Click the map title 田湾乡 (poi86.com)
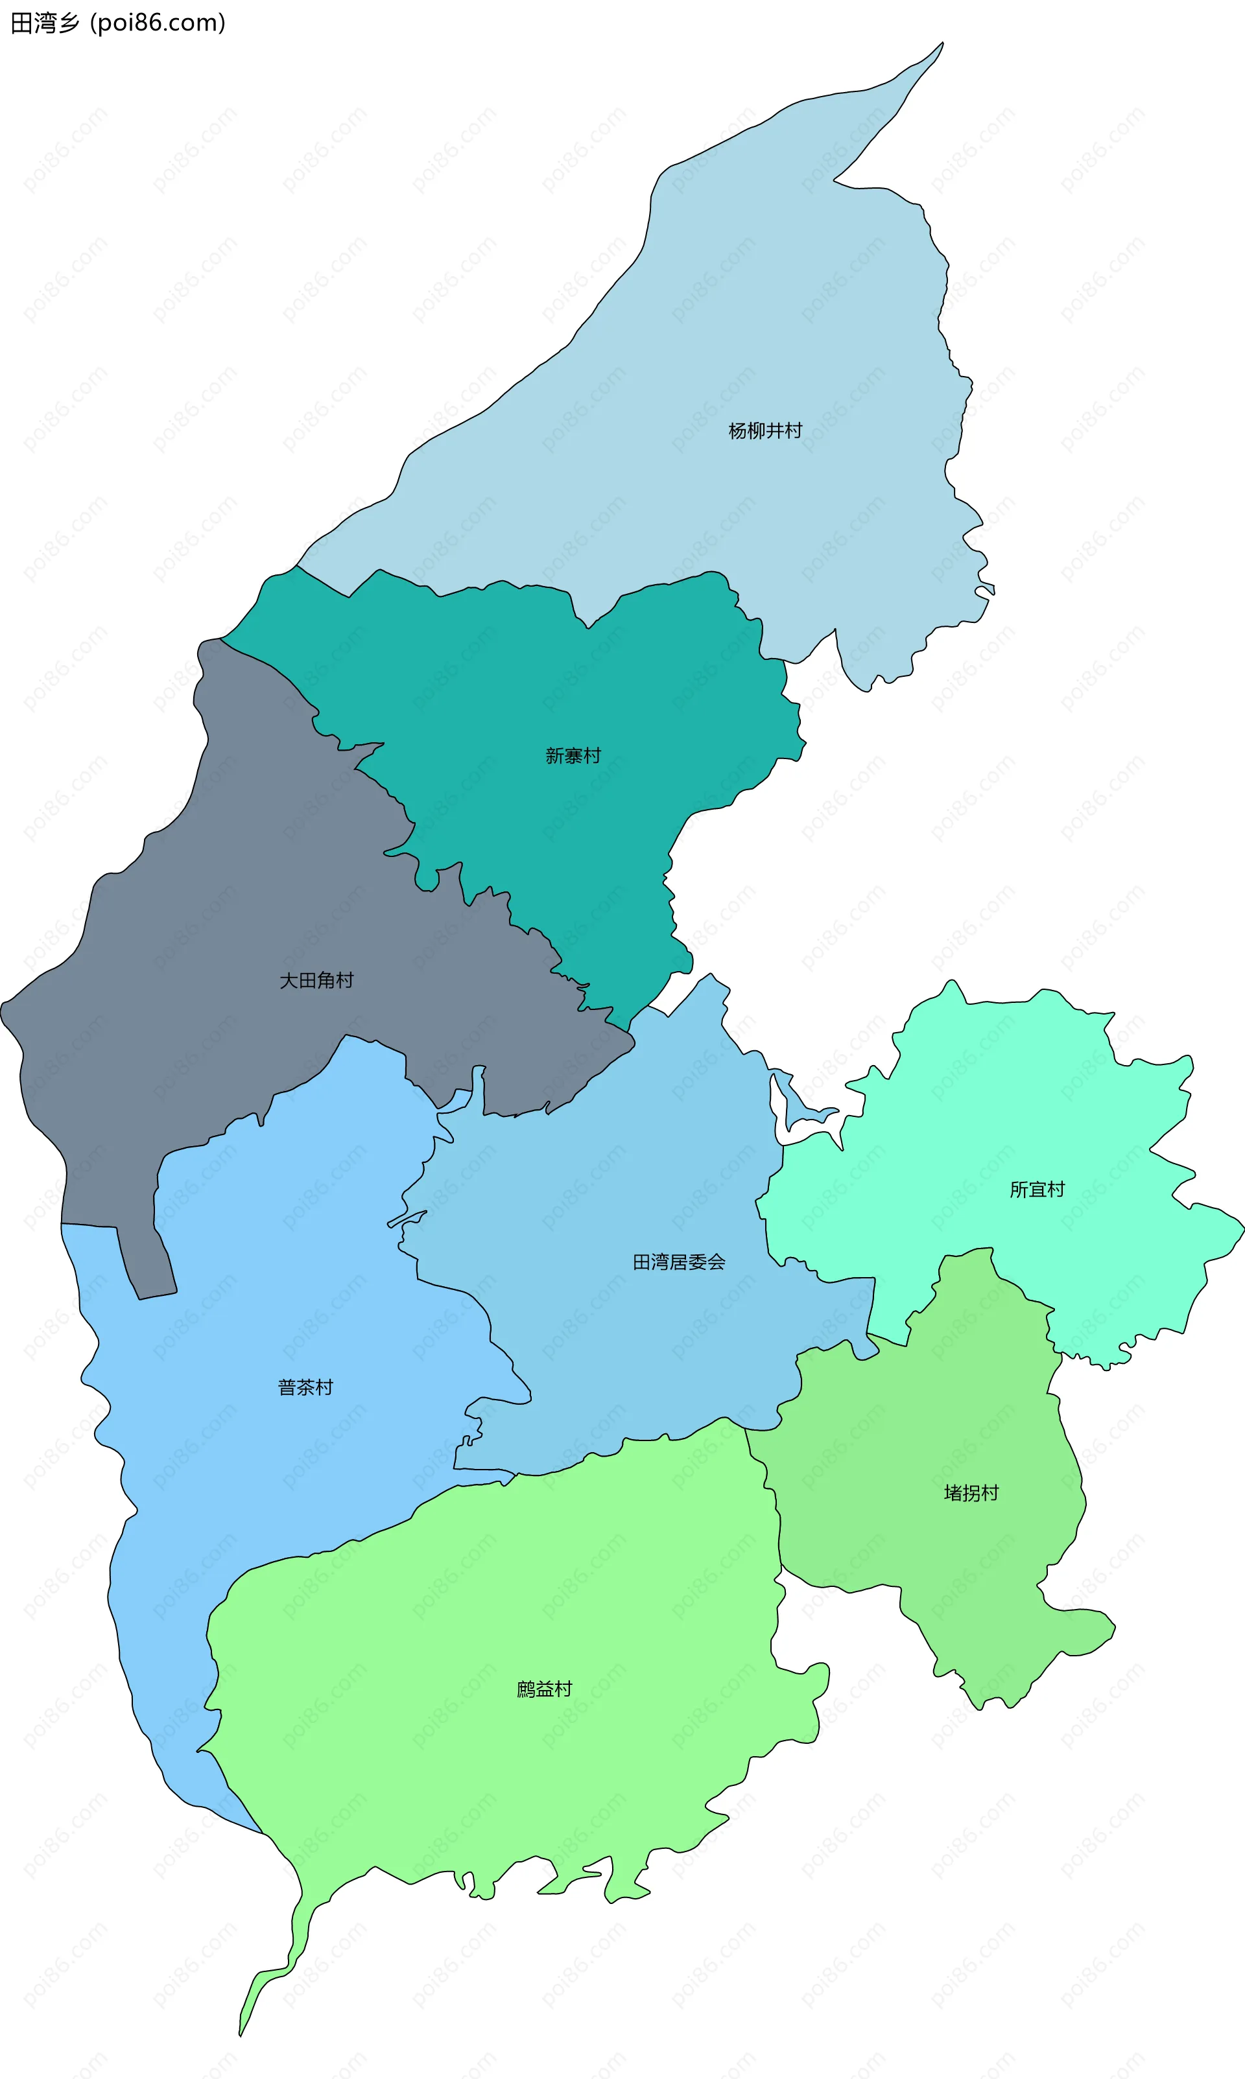click(x=118, y=23)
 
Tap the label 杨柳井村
click(x=765, y=431)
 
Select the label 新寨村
click(x=573, y=756)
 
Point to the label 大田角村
click(x=316, y=980)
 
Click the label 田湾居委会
click(x=679, y=1262)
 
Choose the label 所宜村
click(x=1037, y=1189)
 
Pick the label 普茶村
click(x=305, y=1387)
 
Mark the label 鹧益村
click(x=543, y=1688)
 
